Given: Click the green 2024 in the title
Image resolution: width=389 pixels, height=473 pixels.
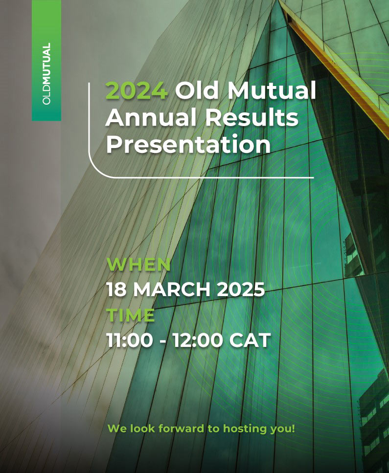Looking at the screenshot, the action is coord(137,90).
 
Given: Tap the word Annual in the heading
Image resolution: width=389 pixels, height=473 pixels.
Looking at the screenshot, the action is coord(151,117).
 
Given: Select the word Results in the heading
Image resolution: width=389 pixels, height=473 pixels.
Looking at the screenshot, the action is coord(252,117).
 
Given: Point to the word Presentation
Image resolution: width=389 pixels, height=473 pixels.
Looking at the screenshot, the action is coord(188,144).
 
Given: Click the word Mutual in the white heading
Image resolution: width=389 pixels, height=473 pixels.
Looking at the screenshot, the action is coord(271,90).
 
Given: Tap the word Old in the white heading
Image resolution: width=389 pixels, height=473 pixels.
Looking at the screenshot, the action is coord(196,90).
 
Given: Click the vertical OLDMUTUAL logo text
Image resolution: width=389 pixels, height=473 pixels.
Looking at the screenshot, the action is coord(46,74).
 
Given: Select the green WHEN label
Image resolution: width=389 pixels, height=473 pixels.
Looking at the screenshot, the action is coord(138,264).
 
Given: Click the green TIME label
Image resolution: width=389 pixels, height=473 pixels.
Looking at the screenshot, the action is coord(131,315).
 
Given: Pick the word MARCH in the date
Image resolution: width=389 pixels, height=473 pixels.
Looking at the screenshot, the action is coord(172,290).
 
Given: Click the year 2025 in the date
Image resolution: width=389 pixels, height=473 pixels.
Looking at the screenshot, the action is coord(241,290).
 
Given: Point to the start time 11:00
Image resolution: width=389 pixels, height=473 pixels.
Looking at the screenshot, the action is coord(130,340).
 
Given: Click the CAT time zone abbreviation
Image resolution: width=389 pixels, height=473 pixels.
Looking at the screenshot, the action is coord(250,340).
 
